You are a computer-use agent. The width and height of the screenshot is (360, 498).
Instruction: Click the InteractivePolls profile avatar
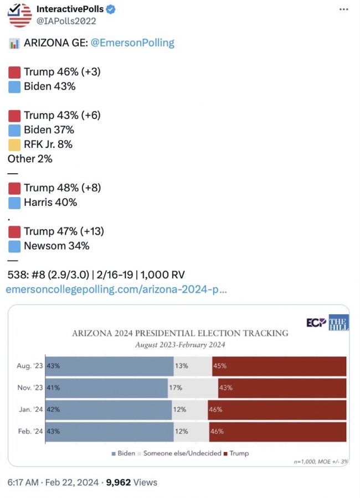coord(20,15)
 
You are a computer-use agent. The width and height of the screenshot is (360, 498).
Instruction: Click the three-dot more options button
coord(343,10)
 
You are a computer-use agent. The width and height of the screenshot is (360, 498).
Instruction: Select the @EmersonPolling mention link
coord(138,43)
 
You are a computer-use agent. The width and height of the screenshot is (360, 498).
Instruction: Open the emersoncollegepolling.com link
coord(116,289)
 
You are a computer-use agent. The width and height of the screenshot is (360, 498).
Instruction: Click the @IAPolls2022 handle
coord(66,21)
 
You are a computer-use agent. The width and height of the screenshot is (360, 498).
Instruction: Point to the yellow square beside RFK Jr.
coord(15,144)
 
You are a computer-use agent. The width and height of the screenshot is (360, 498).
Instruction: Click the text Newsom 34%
coord(56,246)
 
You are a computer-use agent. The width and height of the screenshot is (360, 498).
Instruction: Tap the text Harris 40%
coord(50,202)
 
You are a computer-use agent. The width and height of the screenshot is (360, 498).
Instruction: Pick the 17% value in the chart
coord(176,387)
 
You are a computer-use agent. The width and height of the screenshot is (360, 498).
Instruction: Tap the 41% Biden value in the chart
coord(53,387)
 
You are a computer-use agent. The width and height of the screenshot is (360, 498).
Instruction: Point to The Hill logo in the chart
coord(338,323)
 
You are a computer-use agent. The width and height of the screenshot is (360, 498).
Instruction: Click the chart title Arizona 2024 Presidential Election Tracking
coord(180,333)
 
